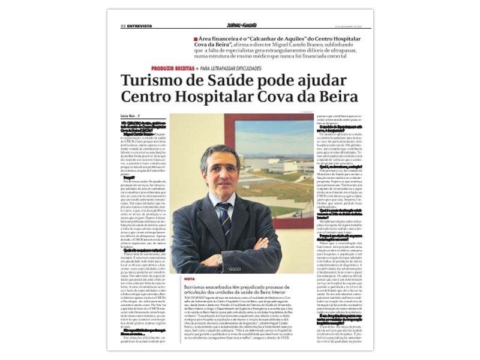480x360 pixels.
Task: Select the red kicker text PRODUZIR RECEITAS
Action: click(176, 68)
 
